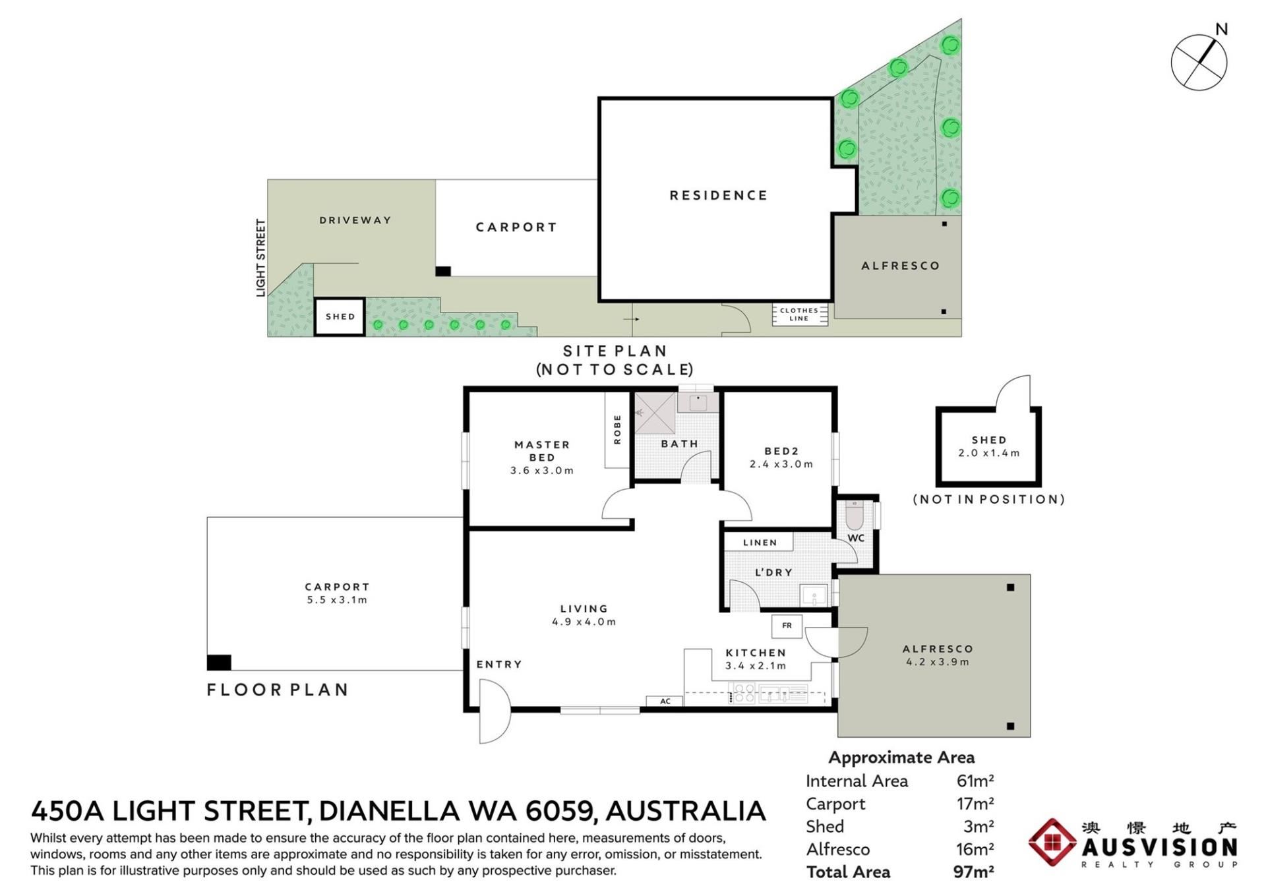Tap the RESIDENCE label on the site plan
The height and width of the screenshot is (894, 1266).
pos(718,195)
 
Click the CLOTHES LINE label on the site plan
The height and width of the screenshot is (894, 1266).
pos(799,314)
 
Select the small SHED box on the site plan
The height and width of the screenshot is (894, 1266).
pos(340,316)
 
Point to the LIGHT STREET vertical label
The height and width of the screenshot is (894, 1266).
pos(261,258)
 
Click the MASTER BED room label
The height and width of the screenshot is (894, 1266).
pos(542,451)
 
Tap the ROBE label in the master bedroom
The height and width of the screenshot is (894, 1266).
pos(617,429)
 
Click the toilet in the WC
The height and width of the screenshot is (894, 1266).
pos(855,515)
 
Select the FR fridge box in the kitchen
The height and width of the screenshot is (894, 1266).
pos(787,626)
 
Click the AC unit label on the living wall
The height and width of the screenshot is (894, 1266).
pos(665,701)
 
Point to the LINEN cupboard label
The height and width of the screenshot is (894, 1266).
pos(760,543)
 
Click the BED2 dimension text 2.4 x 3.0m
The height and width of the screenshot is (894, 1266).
pos(781,464)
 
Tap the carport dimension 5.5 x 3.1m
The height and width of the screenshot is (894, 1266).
pos(337,600)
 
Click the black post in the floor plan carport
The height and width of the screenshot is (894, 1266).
pos(219,662)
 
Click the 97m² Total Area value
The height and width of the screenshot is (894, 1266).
pos(973,872)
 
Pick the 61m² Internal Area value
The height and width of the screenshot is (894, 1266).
pos(975,781)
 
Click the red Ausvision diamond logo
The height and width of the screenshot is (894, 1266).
pos(1052,842)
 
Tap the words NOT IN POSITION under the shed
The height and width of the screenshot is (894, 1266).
pos(989,499)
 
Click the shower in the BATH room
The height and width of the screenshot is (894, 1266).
pos(655,413)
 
